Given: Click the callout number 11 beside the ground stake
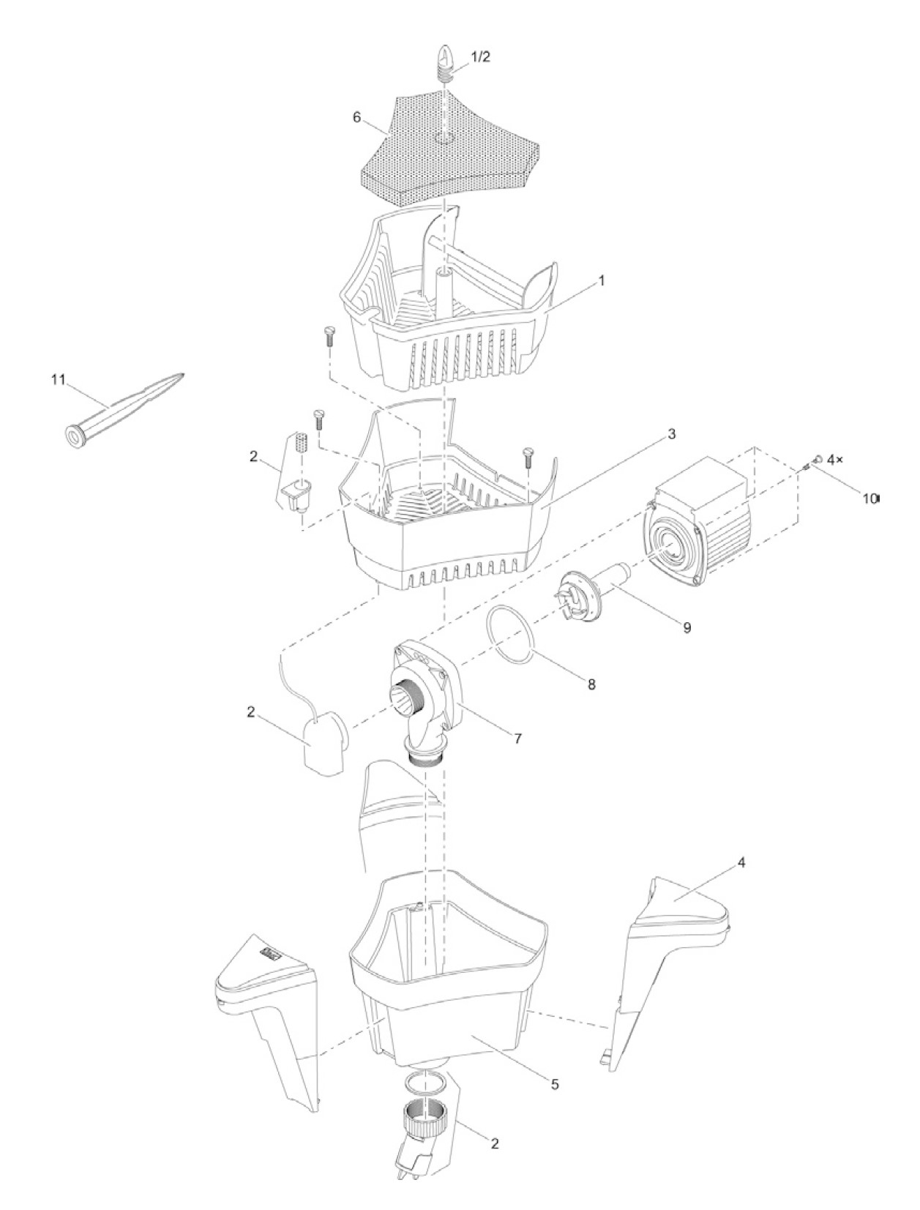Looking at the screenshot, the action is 58,380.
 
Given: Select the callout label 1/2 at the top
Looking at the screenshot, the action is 481,58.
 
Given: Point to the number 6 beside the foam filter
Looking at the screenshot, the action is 356,118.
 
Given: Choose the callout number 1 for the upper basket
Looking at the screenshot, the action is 602,280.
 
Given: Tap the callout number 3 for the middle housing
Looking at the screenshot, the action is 671,434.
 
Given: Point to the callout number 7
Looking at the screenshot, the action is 517,739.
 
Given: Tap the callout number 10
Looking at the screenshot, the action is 869,499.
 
